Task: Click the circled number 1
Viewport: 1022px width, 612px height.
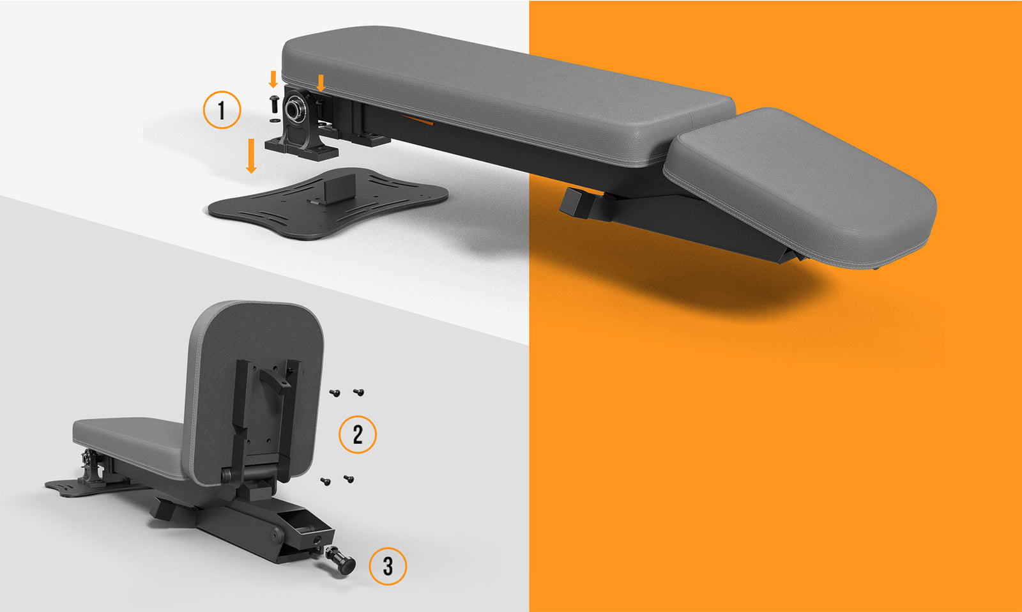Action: click(222, 110)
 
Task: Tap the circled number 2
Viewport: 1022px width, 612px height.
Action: click(358, 434)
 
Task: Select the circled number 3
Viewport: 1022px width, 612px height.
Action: click(388, 567)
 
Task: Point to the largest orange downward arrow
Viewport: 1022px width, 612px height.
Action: click(251, 156)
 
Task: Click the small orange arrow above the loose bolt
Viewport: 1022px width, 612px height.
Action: click(273, 79)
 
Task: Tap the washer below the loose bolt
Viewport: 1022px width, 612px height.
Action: click(275, 121)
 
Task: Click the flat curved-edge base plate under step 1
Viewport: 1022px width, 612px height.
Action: click(328, 204)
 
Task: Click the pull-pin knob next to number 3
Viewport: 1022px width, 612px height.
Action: click(342, 561)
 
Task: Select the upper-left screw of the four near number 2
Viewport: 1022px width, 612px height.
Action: click(335, 393)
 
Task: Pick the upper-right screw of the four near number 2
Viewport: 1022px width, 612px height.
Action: click(358, 392)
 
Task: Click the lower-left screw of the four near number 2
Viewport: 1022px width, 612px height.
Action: click(326, 482)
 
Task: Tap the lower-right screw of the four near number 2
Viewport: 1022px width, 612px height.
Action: click(349, 479)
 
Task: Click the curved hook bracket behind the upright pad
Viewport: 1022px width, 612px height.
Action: click(275, 381)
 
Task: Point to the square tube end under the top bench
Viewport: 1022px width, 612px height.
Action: click(575, 203)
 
